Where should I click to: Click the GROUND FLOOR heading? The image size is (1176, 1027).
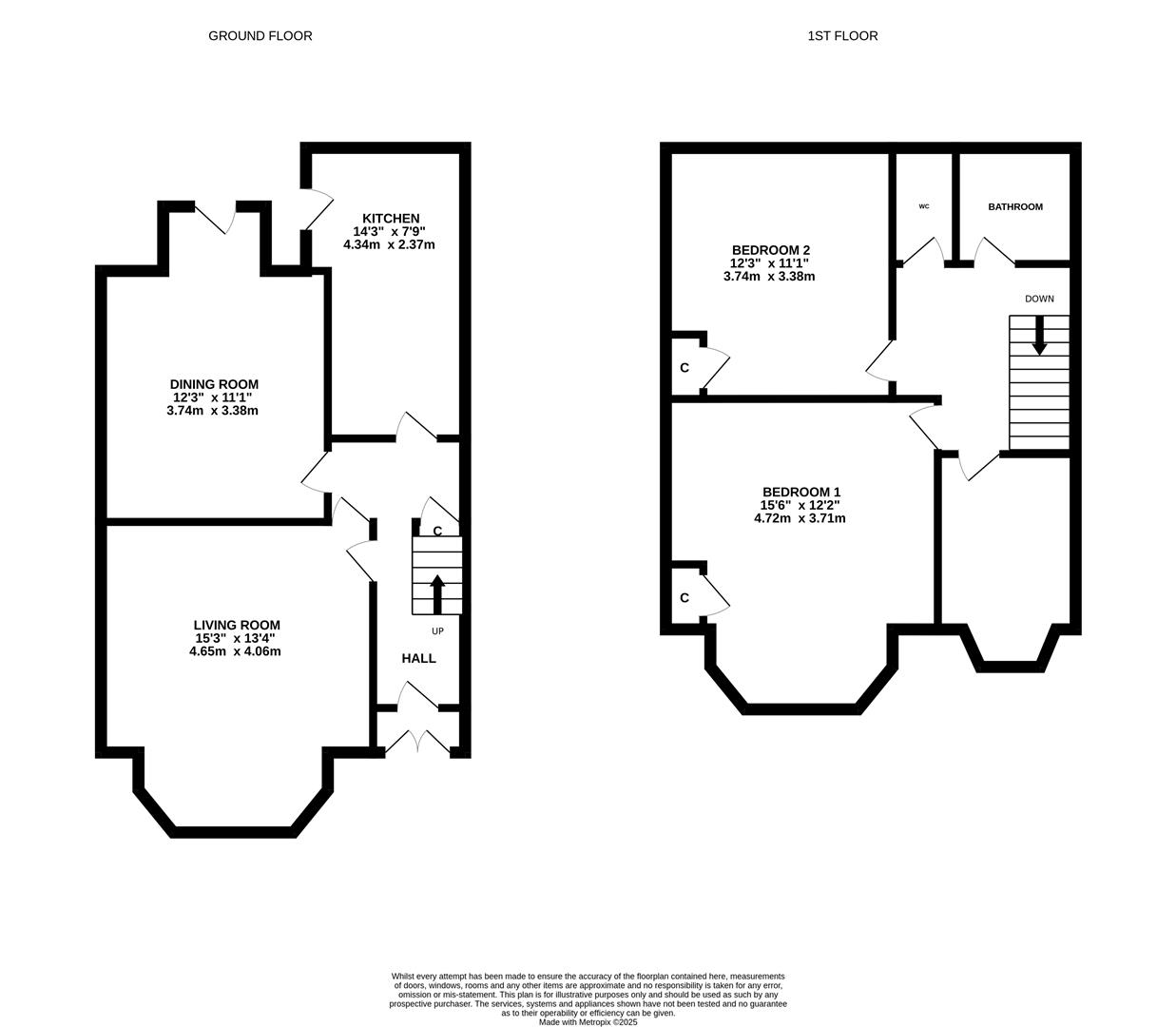tap(260, 35)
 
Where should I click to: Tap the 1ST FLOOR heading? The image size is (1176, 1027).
tap(842, 35)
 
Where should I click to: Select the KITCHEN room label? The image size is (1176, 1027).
tap(391, 219)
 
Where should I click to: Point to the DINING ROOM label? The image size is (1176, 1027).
tap(214, 384)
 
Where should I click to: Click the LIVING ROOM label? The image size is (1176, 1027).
tap(237, 625)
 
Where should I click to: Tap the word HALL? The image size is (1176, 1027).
tap(418, 658)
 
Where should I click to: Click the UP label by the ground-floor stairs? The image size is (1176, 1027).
tap(437, 631)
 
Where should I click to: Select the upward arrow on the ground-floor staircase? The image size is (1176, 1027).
tap(437, 594)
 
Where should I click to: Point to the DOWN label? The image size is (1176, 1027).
tap(1039, 299)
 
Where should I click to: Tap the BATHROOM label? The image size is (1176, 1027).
tap(1015, 207)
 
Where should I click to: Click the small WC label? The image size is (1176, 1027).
tap(924, 206)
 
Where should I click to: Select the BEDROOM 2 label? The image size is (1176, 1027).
tap(771, 250)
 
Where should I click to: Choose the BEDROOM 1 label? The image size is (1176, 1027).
tap(801, 492)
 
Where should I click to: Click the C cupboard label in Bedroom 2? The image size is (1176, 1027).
tap(684, 368)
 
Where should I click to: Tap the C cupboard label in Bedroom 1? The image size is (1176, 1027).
tap(684, 598)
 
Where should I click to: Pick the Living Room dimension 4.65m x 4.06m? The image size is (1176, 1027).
tap(235, 651)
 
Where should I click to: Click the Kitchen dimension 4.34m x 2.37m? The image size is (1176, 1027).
tap(389, 244)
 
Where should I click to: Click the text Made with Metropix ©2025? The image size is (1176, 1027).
tap(588, 1022)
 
